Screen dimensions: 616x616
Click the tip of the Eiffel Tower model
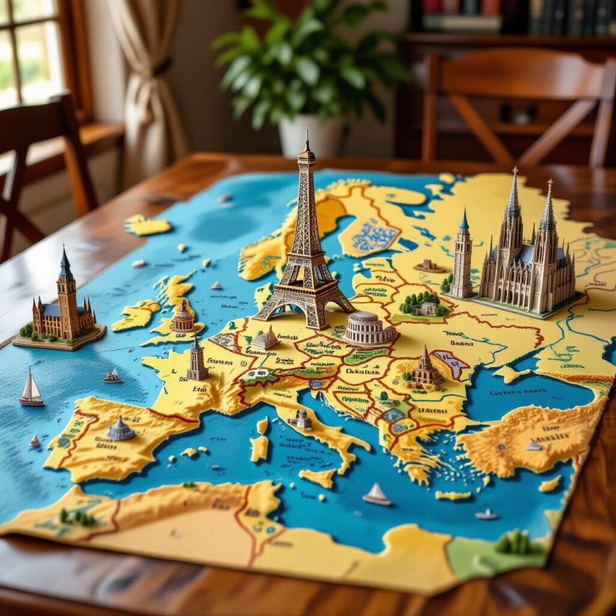[x=307, y=132]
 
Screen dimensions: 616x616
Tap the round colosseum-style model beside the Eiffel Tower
[x=368, y=327]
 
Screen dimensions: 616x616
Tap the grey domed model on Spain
[x=120, y=429]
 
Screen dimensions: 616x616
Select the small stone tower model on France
[x=197, y=361]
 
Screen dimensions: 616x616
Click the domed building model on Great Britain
[x=183, y=319]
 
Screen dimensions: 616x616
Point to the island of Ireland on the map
[x=135, y=315]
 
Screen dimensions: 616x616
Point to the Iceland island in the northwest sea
[x=148, y=226]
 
